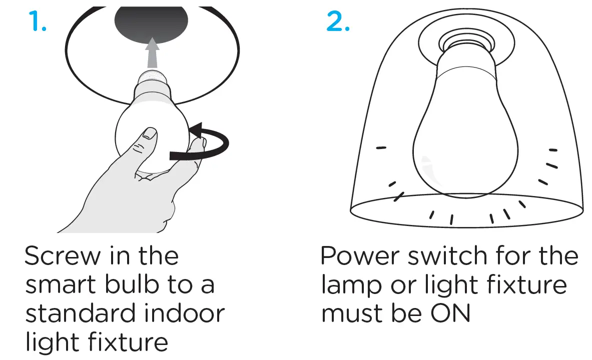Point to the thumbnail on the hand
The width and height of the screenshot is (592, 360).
click(x=149, y=133)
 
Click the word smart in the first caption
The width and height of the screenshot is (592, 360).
click(x=61, y=285)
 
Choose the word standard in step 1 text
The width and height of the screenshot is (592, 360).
click(x=80, y=313)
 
